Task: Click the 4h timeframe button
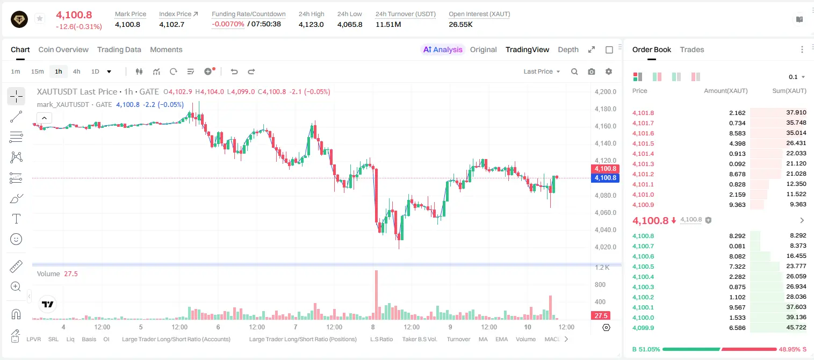[76, 71]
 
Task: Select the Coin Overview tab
[63, 49]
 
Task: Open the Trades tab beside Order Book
[692, 49]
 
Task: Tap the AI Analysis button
[443, 49]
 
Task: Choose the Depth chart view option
[568, 49]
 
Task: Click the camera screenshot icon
[592, 71]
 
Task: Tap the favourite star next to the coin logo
[40, 18]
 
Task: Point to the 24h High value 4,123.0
[311, 24]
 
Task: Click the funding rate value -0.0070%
[228, 24]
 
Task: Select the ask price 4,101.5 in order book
[643, 143]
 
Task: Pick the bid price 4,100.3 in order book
[643, 287]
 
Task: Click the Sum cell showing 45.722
[796, 327]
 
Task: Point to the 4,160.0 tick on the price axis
[606, 126]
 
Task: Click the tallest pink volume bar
[377, 295]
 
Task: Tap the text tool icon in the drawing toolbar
[16, 219]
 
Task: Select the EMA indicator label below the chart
[501, 339]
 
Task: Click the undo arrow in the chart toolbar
[234, 71]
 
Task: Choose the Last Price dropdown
[542, 71]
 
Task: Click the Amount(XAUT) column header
[726, 91]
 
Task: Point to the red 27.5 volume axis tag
[601, 316]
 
